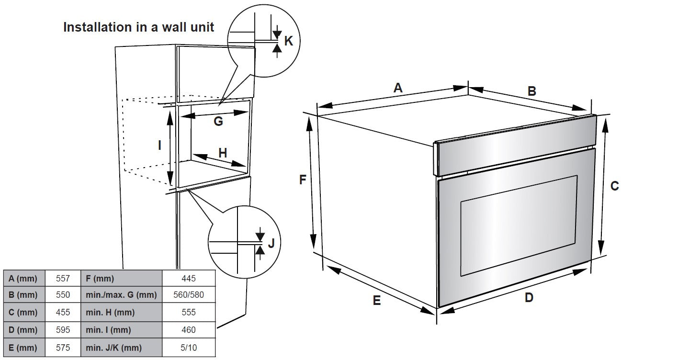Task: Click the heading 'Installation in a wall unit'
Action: pyautogui.click(x=139, y=27)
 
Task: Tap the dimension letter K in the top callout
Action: pyautogui.click(x=288, y=41)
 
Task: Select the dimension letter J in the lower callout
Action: pyautogui.click(x=271, y=243)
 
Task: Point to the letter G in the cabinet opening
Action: pyautogui.click(x=218, y=122)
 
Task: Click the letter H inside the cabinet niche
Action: pyautogui.click(x=223, y=153)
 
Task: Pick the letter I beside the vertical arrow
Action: pyautogui.click(x=160, y=145)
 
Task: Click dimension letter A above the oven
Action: pyautogui.click(x=398, y=88)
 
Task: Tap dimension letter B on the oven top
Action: pyautogui.click(x=531, y=91)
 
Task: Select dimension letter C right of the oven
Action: pyautogui.click(x=615, y=186)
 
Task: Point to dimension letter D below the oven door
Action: pyautogui.click(x=529, y=298)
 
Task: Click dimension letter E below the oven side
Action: pyautogui.click(x=377, y=301)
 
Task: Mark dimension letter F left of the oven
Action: pyautogui.click(x=303, y=180)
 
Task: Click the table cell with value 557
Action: pyautogui.click(x=63, y=278)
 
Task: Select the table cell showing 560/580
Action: pyautogui.click(x=189, y=295)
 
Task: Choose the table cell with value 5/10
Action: pyautogui.click(x=189, y=348)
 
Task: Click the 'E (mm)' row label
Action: pyautogui.click(x=23, y=348)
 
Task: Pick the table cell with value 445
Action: pyautogui.click(x=189, y=278)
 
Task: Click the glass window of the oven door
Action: pyautogui.click(x=519, y=225)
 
